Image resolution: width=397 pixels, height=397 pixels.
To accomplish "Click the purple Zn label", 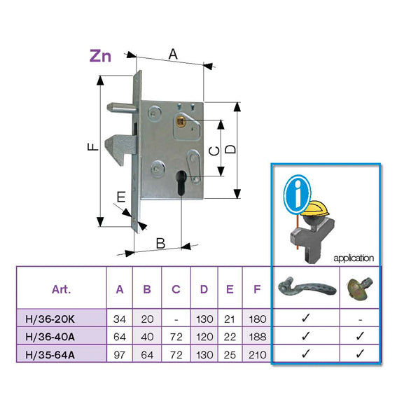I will pyautogui.click(x=100, y=57).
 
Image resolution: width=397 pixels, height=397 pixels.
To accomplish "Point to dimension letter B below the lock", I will pyautogui.click(x=160, y=244).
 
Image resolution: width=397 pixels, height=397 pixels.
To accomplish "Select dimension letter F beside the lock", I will pyautogui.click(x=91, y=148).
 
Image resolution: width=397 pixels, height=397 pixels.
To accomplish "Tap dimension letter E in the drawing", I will pyautogui.click(x=121, y=197).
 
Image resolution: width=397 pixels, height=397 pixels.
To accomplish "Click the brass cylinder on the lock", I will pyautogui.click(x=181, y=123).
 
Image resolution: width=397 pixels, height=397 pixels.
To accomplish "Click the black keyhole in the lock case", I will pyautogui.click(x=181, y=183).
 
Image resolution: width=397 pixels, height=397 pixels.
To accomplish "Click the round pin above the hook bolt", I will pyautogui.click(x=116, y=109).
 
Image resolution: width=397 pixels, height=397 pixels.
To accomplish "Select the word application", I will pyautogui.click(x=354, y=258).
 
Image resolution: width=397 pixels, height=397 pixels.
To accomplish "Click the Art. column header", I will pyautogui.click(x=62, y=288).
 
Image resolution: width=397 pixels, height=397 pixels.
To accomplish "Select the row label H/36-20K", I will pyautogui.click(x=62, y=319).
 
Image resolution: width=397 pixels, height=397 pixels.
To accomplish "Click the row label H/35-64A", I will pyautogui.click(x=62, y=354).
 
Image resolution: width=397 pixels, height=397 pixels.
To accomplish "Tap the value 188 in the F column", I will pyautogui.click(x=258, y=337).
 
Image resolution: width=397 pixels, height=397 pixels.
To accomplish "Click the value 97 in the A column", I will pyautogui.click(x=120, y=354).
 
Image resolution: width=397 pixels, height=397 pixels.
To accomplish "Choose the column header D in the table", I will pyautogui.click(x=203, y=288).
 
